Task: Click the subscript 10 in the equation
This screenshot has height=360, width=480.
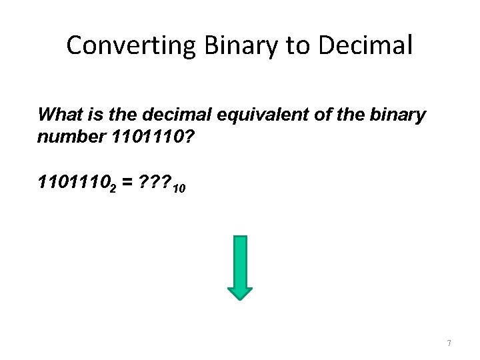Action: pyautogui.click(x=179, y=189)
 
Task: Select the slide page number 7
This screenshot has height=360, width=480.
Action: pyautogui.click(x=449, y=343)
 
